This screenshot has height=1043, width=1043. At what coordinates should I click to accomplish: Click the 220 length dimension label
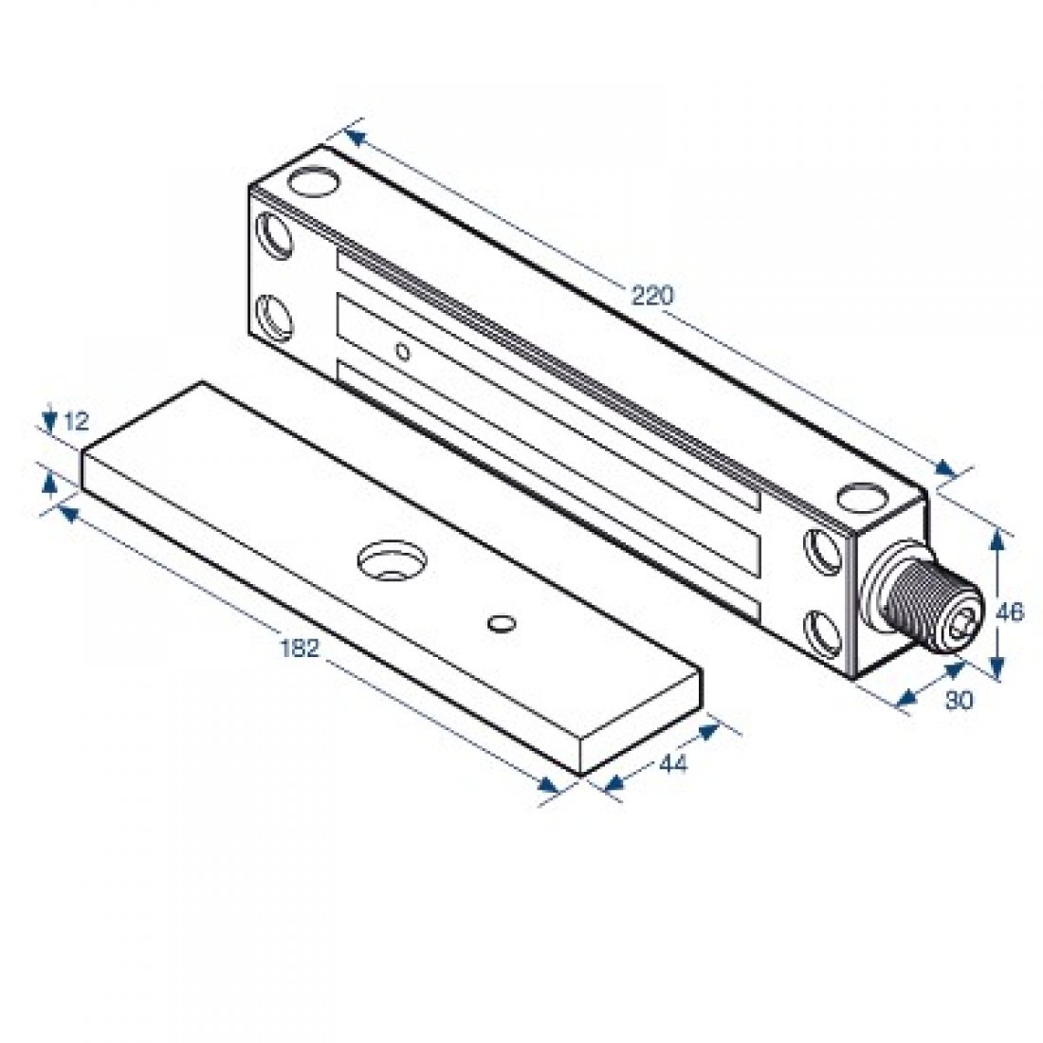coord(651,295)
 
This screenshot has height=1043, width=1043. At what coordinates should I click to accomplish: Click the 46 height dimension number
coord(1011,613)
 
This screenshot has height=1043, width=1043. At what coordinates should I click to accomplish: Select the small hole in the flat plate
coord(500,623)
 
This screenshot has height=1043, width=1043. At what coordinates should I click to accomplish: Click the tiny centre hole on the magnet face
coord(402,353)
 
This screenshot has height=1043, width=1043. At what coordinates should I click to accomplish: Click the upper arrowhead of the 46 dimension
coord(996,539)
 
